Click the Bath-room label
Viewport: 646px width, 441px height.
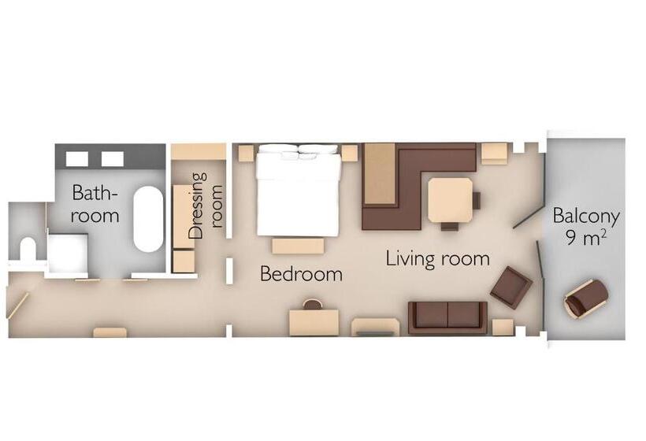[x=95, y=203]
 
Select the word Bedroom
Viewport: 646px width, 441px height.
[x=301, y=274]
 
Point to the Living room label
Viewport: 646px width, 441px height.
[x=437, y=258]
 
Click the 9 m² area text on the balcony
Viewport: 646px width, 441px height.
[x=585, y=238]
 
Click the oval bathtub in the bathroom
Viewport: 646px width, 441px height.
[x=147, y=219]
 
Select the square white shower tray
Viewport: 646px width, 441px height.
[x=67, y=252]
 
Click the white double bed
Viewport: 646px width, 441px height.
[x=299, y=191]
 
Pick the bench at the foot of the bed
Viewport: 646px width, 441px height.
[x=298, y=246]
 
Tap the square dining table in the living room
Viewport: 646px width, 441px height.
[x=450, y=200]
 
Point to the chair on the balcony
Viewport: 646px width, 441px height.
[x=586, y=298]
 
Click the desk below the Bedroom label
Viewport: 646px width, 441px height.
[x=314, y=321]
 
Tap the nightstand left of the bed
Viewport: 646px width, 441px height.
[x=246, y=153]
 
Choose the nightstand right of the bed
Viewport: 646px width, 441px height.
[x=349, y=153]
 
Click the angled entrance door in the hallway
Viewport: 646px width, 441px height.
[x=17, y=305]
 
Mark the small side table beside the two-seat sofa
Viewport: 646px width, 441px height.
[x=503, y=327]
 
